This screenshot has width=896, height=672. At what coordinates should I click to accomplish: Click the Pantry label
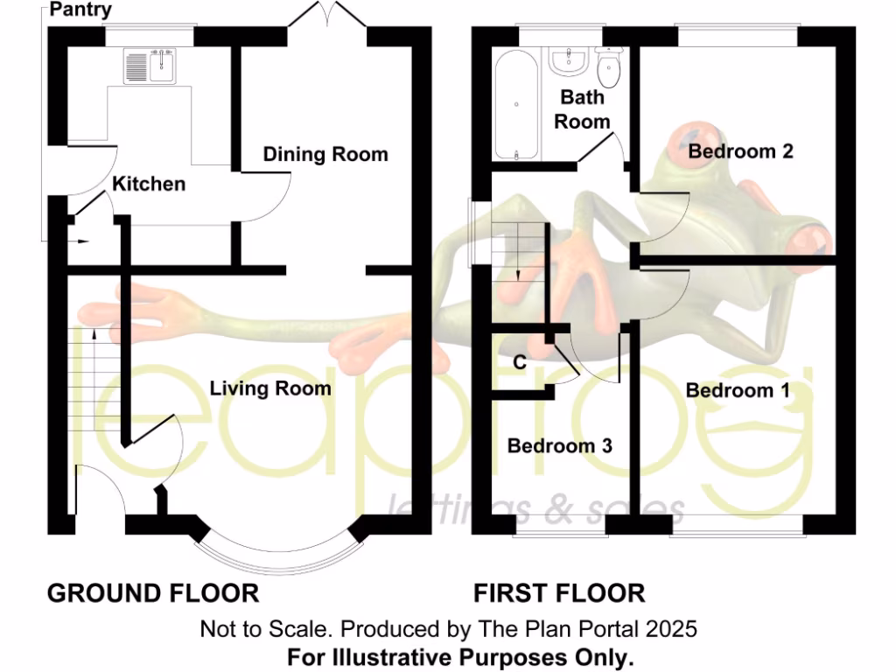point(80,10)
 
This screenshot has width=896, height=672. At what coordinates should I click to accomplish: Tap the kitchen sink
point(150,66)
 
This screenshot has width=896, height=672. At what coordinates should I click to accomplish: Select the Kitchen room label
point(150,184)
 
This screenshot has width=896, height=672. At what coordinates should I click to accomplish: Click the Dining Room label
point(325,155)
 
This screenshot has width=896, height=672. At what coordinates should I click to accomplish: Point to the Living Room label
point(270,388)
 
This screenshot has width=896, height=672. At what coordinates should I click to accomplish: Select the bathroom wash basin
point(568,60)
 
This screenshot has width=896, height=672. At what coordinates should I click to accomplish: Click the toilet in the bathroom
point(608,66)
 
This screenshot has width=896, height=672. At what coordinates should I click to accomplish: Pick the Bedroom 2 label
point(740,151)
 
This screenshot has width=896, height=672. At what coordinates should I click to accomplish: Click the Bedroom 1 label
point(737,390)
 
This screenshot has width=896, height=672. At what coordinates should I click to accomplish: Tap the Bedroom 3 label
point(560,445)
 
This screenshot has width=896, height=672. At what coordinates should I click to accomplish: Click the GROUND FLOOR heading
point(153,593)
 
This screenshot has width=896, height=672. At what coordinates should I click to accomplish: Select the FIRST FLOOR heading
point(559,593)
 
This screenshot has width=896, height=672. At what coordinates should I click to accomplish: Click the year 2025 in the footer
point(673,628)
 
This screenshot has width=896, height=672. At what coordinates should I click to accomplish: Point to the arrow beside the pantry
point(80,241)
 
